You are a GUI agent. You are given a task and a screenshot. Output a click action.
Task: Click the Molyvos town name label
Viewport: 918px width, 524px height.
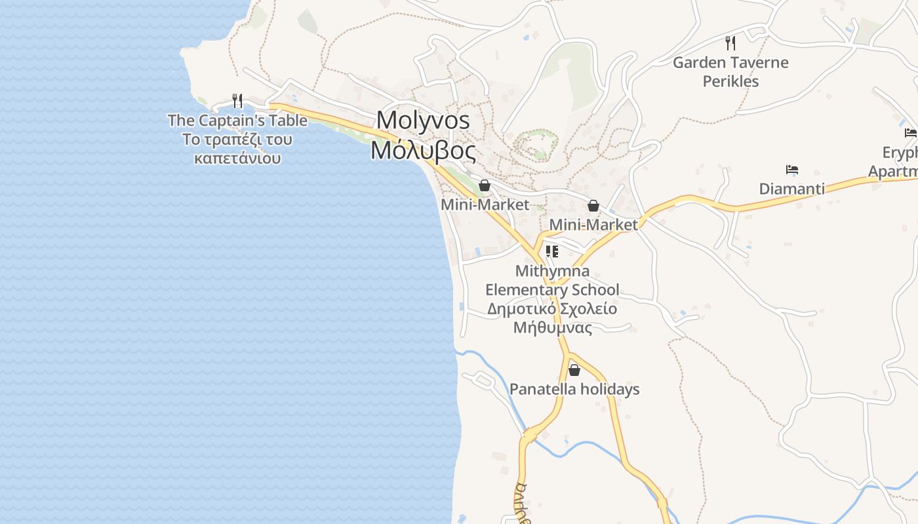point(423,121)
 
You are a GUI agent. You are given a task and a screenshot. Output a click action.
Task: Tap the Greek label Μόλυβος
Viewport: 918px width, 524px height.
point(423,151)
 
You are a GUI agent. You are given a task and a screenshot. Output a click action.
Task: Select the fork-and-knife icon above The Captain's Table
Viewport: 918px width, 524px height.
point(237,101)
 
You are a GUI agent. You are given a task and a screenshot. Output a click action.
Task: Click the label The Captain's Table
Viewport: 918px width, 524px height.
point(237,121)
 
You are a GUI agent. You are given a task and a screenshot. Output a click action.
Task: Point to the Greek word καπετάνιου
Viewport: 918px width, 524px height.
point(237,159)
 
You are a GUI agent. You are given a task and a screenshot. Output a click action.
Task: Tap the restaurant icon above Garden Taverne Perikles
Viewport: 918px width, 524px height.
point(730,43)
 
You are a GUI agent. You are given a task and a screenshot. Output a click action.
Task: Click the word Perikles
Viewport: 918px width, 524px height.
point(730,81)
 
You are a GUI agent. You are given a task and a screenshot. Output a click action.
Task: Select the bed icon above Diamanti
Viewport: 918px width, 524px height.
point(792,170)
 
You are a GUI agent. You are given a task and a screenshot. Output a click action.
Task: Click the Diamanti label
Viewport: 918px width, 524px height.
point(792,189)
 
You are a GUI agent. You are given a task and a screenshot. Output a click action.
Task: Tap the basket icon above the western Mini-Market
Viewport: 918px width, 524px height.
point(485,185)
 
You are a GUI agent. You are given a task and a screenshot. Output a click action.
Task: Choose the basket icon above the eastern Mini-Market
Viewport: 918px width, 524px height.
point(593,206)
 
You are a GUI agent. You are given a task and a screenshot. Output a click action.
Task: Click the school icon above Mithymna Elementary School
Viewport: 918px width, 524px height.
point(552,252)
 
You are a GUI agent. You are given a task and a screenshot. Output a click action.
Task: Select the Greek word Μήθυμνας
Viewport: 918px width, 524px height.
point(552,327)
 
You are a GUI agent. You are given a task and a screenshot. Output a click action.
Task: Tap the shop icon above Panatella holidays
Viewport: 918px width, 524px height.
point(574,370)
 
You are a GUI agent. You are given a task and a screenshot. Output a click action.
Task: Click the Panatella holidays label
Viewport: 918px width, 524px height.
point(574,389)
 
